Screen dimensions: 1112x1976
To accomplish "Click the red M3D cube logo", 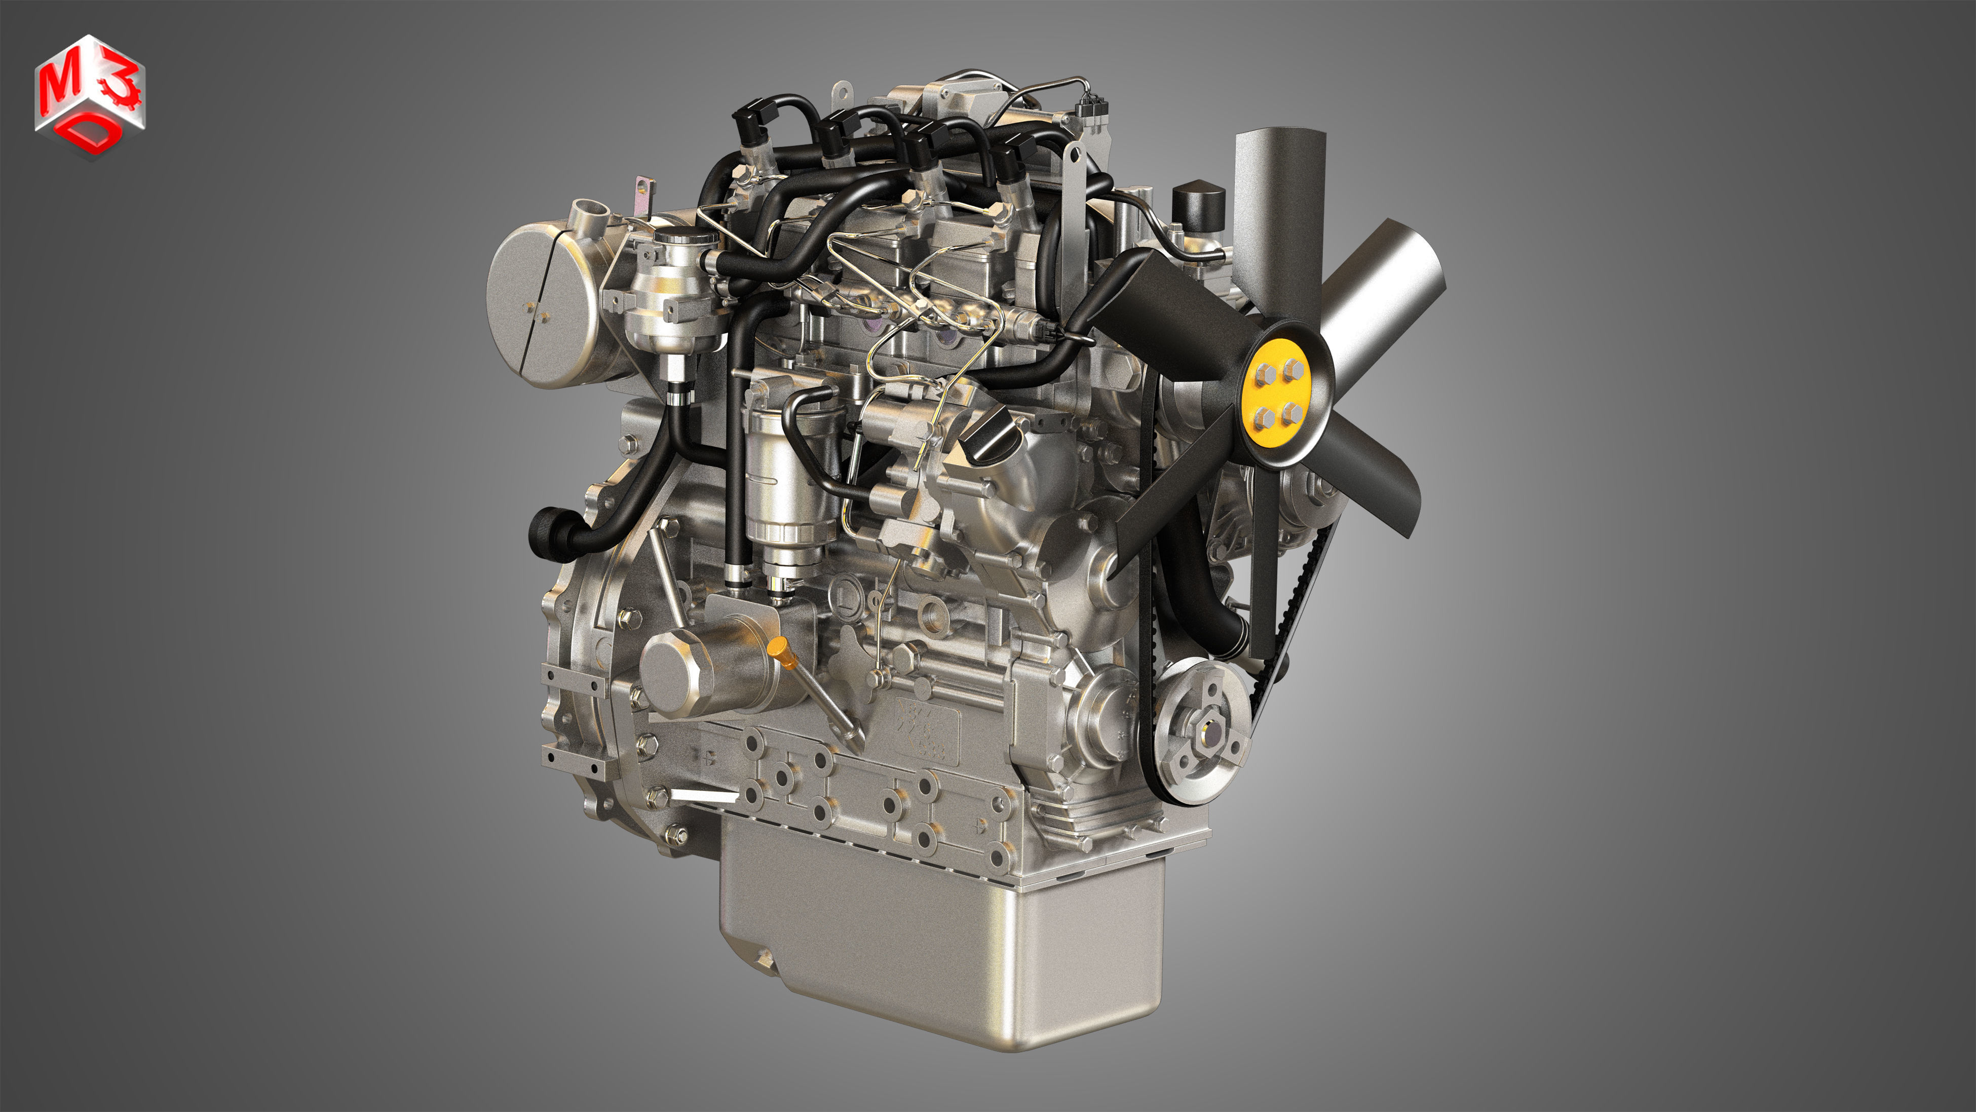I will (89, 96).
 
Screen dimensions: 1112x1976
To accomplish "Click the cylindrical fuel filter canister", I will (782, 491).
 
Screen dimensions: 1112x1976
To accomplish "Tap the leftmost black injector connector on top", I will (750, 123).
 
